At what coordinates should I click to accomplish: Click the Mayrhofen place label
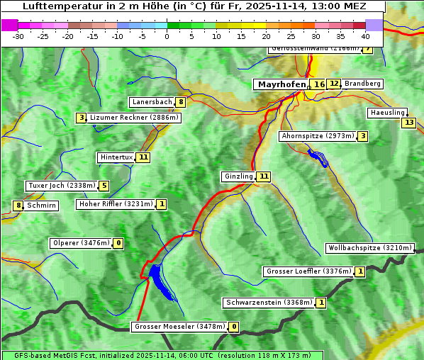click(x=280, y=84)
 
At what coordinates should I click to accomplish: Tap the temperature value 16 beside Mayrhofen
click(x=319, y=84)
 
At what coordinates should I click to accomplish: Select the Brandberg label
click(x=362, y=84)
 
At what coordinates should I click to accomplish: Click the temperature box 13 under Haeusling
click(x=408, y=123)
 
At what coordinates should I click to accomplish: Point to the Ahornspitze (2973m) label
click(x=317, y=136)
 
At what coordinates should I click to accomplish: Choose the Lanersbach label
click(x=152, y=102)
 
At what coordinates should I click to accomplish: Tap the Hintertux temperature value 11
click(x=143, y=157)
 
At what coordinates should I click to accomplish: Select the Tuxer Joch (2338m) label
click(x=61, y=186)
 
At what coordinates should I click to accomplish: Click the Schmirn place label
click(x=42, y=206)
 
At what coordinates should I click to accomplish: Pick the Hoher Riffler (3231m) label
click(x=116, y=204)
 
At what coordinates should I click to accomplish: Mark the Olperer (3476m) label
click(x=82, y=243)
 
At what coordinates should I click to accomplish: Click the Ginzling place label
click(x=238, y=176)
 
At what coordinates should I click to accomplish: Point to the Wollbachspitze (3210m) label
click(x=369, y=248)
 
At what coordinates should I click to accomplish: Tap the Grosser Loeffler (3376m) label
click(x=308, y=271)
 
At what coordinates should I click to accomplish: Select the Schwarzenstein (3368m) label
click(x=268, y=303)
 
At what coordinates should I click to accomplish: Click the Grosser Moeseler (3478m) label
click(x=179, y=327)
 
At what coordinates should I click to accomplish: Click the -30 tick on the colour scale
click(x=18, y=35)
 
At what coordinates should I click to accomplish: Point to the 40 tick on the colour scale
click(x=365, y=35)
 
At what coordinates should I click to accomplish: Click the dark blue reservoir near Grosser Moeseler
click(x=159, y=279)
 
